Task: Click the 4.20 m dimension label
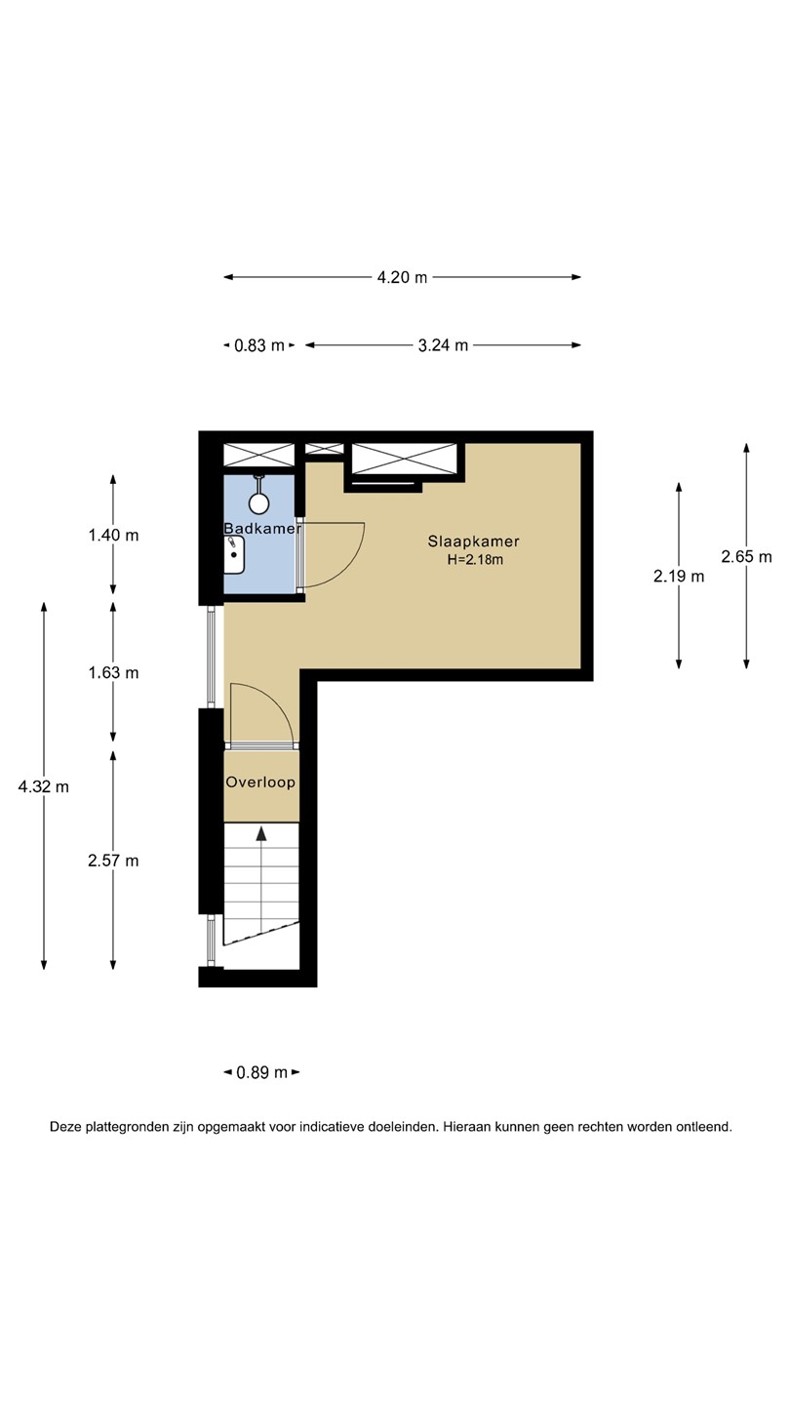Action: [x=402, y=277]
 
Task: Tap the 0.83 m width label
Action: [x=259, y=345]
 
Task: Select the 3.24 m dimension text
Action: [x=443, y=345]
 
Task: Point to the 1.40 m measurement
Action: [x=113, y=536]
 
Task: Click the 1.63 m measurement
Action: [x=113, y=673]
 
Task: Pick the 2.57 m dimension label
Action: [x=113, y=862]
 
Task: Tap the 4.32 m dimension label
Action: [x=43, y=786]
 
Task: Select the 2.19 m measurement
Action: [x=679, y=577]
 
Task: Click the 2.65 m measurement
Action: [x=747, y=557]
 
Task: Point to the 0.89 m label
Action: [x=262, y=1073]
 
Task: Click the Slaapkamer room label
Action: [x=474, y=542]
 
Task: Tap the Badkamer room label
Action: [x=262, y=529]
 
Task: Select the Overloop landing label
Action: [x=260, y=783]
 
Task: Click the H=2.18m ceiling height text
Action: [x=475, y=560]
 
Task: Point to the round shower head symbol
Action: [x=259, y=502]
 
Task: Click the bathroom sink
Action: [x=234, y=554]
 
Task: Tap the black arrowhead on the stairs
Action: [x=260, y=833]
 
